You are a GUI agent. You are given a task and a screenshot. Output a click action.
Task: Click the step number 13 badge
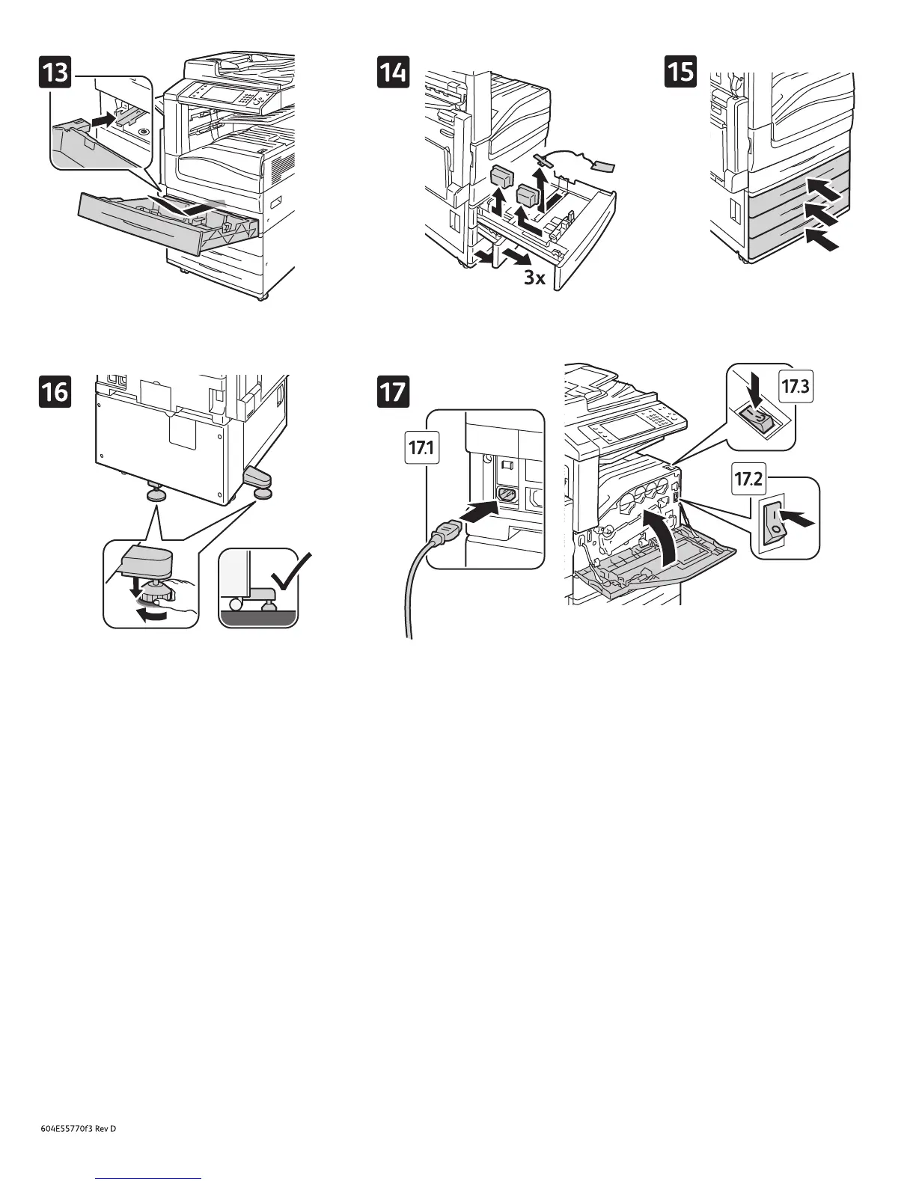[56, 74]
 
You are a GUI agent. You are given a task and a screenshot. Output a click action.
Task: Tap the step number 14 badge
[394, 73]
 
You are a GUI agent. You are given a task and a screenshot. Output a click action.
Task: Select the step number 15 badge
[681, 73]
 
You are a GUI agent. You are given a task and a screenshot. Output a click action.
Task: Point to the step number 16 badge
[56, 392]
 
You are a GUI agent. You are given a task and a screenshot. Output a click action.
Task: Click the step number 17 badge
[394, 392]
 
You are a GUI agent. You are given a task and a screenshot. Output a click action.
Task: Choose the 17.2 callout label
[748, 480]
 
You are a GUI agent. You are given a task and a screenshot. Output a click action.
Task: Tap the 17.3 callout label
[796, 387]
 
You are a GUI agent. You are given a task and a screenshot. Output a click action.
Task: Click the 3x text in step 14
[534, 278]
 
